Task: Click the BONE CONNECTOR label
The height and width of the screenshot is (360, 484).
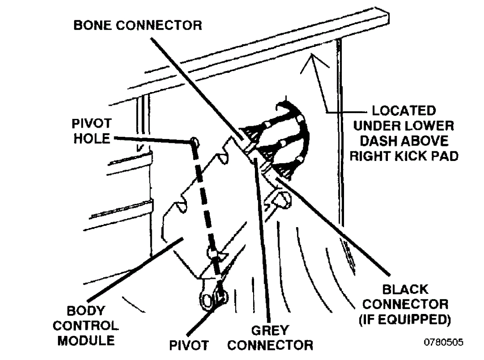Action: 137,25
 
